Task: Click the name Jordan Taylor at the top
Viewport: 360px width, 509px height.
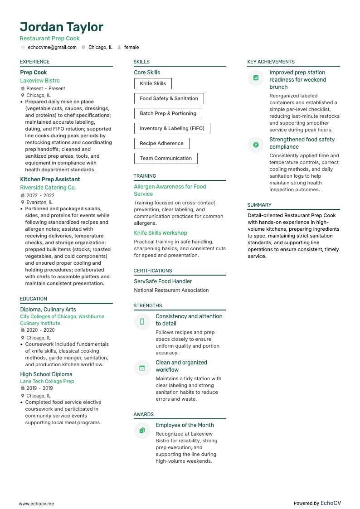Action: click(62, 27)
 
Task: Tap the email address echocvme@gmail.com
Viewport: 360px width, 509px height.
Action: click(52, 47)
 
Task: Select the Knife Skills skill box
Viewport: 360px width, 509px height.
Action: click(153, 83)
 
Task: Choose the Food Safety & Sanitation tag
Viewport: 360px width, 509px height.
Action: click(169, 98)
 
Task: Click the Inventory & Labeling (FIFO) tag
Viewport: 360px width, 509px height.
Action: click(172, 128)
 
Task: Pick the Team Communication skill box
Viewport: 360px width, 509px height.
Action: click(165, 158)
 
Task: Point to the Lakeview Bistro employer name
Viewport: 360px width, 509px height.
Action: click(40, 81)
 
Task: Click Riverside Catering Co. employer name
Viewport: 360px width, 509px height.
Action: click(48, 188)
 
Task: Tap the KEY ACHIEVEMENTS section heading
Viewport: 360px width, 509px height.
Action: click(271, 62)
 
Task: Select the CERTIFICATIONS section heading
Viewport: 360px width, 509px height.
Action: click(153, 271)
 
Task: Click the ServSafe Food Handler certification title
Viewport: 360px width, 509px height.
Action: click(163, 281)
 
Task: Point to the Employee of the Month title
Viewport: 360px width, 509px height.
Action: click(185, 425)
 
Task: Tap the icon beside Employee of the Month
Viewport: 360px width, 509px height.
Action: click(142, 431)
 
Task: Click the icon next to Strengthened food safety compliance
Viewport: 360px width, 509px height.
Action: click(256, 145)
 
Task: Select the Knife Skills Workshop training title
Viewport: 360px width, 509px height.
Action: click(161, 233)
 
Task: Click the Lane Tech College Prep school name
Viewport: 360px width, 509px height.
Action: click(47, 381)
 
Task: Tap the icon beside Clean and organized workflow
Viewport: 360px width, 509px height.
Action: click(142, 368)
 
